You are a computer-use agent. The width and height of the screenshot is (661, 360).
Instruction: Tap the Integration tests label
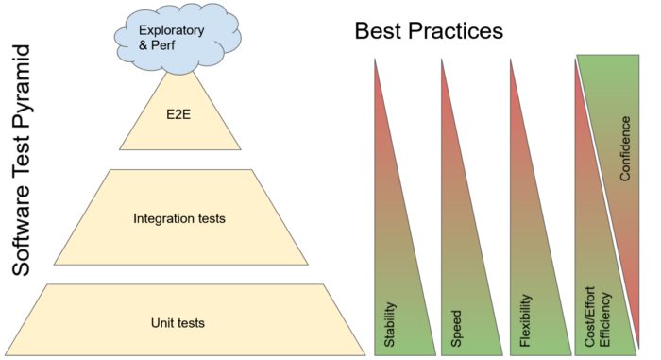(x=179, y=219)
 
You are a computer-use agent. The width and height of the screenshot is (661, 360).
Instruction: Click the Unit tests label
(x=178, y=323)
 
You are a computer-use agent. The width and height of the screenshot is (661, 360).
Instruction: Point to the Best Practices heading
(x=429, y=30)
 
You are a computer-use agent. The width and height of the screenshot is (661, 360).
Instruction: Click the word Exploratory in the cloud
(x=172, y=29)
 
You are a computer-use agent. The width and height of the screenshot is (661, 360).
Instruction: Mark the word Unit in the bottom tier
(x=162, y=323)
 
